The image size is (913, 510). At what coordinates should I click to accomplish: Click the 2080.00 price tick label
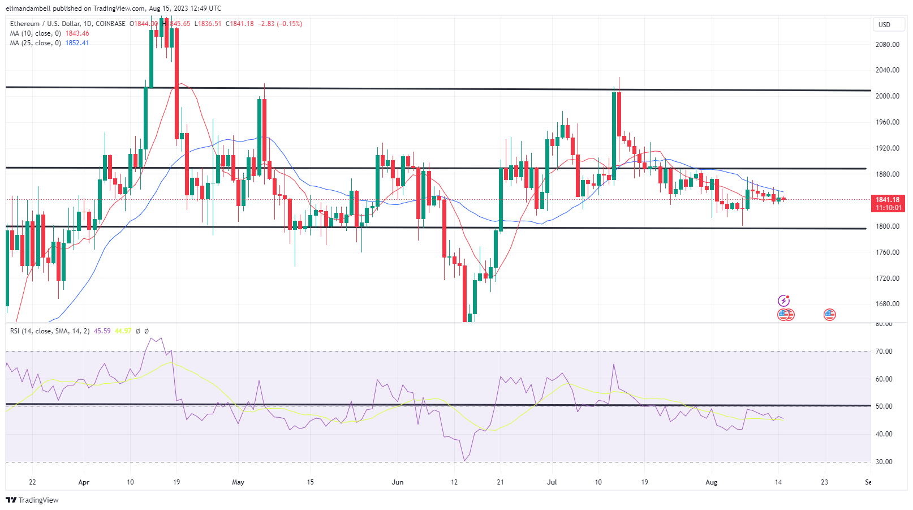point(887,44)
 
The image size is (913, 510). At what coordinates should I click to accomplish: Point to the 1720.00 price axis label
point(887,278)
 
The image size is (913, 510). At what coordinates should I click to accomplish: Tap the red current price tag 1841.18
point(887,200)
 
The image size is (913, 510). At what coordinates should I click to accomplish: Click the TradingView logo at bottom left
point(32,500)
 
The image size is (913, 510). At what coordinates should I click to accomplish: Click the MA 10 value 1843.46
point(77,33)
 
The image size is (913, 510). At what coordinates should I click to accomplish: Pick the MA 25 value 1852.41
point(77,43)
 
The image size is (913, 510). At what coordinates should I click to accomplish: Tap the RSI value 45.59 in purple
point(102,331)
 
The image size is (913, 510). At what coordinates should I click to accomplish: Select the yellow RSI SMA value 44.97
point(123,331)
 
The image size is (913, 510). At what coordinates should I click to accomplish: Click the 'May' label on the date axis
point(238,482)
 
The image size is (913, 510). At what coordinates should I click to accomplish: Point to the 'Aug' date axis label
point(711,482)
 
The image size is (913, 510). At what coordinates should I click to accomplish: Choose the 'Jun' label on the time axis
point(398,482)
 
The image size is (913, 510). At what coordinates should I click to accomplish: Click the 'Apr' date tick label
point(84,482)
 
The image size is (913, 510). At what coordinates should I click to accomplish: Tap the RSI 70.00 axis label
point(884,352)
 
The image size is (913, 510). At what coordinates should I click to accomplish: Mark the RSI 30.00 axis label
point(884,462)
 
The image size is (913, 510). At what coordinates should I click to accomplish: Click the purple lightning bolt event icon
point(783,301)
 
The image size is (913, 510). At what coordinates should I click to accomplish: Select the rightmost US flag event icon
point(830,315)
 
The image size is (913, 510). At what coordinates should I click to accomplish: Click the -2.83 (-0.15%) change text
point(280,24)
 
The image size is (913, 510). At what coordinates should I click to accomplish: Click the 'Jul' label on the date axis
point(552,482)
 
